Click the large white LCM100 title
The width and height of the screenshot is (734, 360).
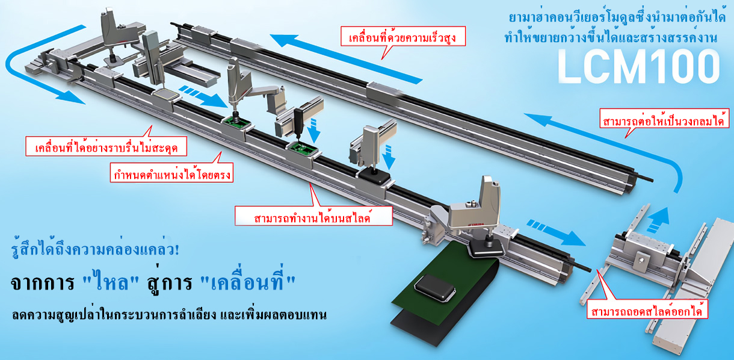(x=638, y=67)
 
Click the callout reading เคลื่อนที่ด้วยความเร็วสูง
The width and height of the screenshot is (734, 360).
(x=402, y=36)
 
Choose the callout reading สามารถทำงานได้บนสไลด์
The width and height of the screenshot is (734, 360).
(x=313, y=216)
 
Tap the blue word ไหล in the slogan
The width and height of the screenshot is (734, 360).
(x=111, y=282)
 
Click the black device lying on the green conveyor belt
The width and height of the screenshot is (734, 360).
(x=435, y=288)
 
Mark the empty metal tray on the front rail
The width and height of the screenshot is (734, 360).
(x=165, y=95)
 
